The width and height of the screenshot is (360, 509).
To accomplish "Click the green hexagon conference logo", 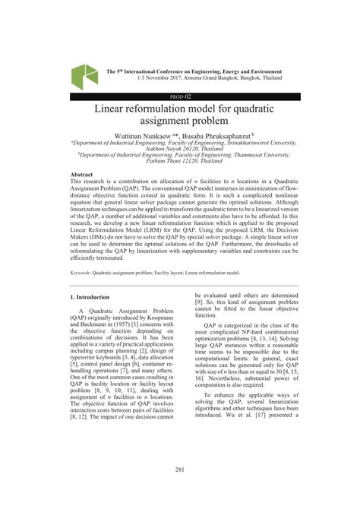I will click(84, 74).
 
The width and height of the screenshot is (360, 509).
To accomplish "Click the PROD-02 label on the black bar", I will click(180, 97).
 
